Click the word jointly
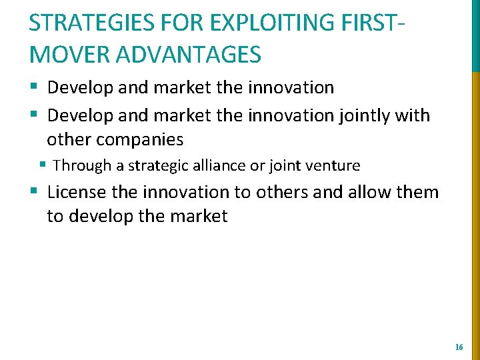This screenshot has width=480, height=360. click(x=365, y=115)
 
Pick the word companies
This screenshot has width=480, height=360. click(x=139, y=139)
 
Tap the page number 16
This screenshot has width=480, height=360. click(x=459, y=347)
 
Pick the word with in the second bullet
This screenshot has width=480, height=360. click(x=413, y=115)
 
